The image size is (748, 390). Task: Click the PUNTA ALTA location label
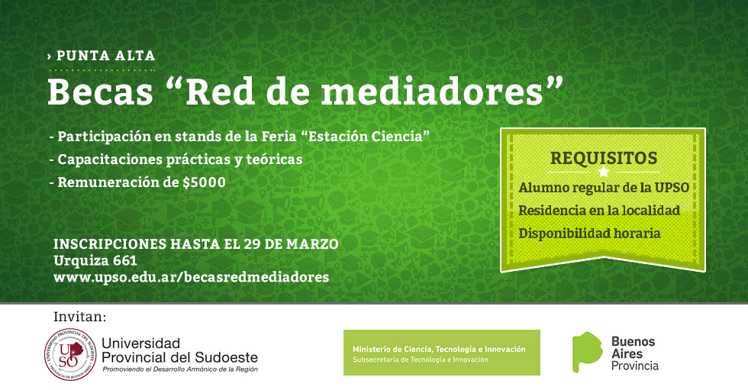click(x=106, y=56)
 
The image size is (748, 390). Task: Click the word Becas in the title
click(x=100, y=92)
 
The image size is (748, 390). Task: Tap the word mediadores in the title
click(x=433, y=92)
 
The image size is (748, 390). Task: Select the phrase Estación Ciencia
click(x=366, y=137)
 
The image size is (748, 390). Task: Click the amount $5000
click(x=205, y=182)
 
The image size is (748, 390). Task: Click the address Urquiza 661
click(x=95, y=260)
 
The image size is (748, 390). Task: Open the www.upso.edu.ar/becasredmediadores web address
click(x=192, y=277)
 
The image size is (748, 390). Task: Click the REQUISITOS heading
click(x=604, y=158)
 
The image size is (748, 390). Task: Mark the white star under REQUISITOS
click(x=604, y=172)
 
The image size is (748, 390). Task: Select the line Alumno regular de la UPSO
click(x=604, y=188)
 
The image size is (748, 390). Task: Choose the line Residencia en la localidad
click(x=599, y=210)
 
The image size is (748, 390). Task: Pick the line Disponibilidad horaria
click(x=589, y=233)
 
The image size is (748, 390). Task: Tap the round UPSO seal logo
click(x=70, y=355)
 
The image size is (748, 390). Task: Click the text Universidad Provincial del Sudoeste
click(x=179, y=350)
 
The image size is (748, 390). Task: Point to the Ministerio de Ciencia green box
click(x=442, y=353)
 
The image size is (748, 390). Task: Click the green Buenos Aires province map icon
click(x=587, y=352)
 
